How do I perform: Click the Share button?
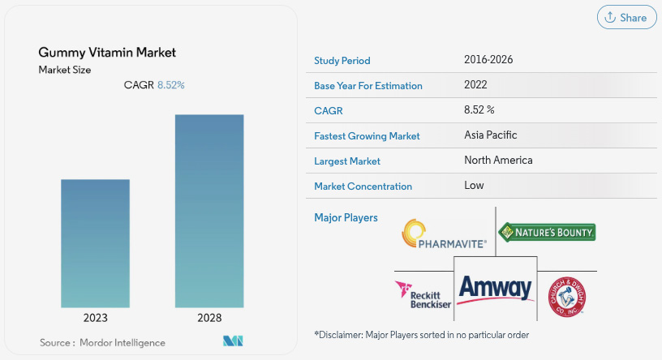pyautogui.click(x=626, y=18)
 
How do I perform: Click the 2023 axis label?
pyautogui.click(x=95, y=318)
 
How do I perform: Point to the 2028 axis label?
pyautogui.click(x=208, y=318)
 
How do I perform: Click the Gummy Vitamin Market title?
pyautogui.click(x=107, y=53)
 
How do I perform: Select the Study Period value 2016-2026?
pyautogui.click(x=488, y=60)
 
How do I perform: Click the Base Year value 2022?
pyautogui.click(x=476, y=85)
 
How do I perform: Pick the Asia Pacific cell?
pyautogui.click(x=491, y=135)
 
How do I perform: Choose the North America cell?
pyautogui.click(x=498, y=161)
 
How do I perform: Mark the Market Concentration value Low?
pyautogui.click(x=474, y=186)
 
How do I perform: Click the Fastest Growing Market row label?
pyautogui.click(x=367, y=136)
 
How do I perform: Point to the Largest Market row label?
pyautogui.click(x=347, y=161)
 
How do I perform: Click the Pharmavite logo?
pyautogui.click(x=444, y=234)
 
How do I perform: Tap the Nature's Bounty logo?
pyautogui.click(x=547, y=232)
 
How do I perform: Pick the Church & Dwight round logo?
pyautogui.click(x=567, y=295)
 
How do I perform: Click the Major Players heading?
pyautogui.click(x=346, y=218)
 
